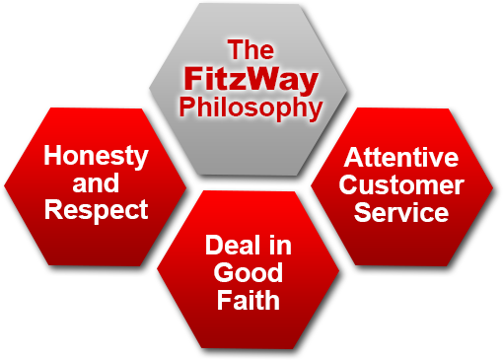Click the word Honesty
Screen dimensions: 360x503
pos(97,157)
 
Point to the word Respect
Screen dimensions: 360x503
pos(97,209)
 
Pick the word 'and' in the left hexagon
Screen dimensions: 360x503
pos(96,183)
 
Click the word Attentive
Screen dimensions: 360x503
pos(401,158)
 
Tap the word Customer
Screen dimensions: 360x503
pos(401,184)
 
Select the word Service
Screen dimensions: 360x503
pos(401,211)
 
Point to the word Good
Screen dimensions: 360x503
pos(250,272)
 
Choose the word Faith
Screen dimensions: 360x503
pos(250,299)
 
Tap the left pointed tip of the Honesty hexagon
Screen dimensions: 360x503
pos(5,184)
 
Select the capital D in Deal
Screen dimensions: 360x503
pos(214,246)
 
